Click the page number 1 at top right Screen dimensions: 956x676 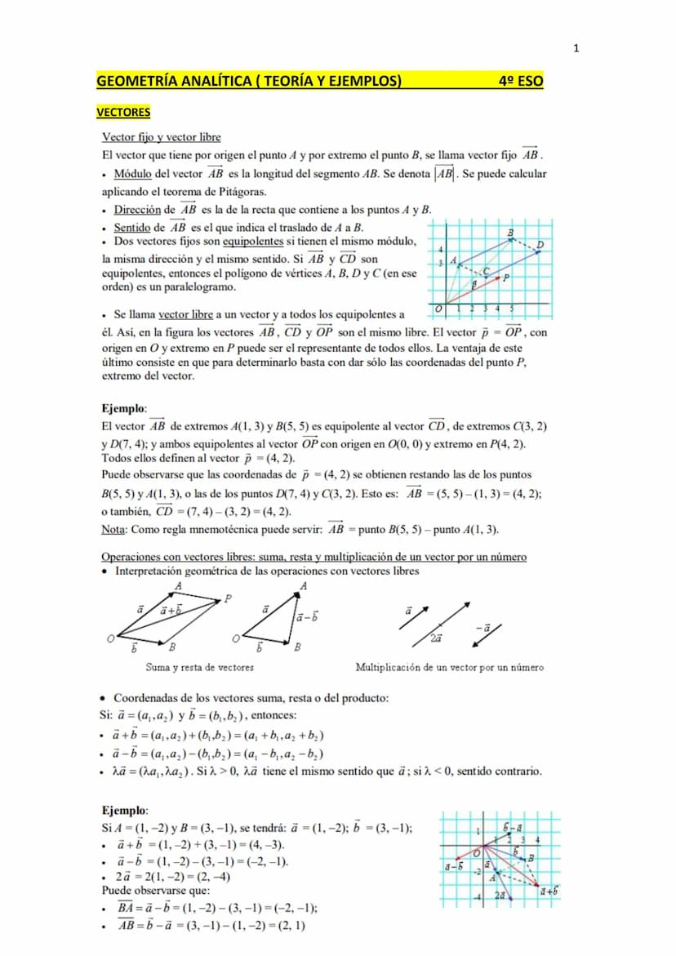[576, 49]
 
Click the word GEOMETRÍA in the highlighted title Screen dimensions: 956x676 [132, 81]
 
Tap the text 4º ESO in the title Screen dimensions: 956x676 [520, 81]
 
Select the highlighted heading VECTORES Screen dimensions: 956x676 [123, 112]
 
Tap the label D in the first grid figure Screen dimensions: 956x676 [540, 244]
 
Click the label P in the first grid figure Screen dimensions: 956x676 [507, 278]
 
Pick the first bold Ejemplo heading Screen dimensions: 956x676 [124, 407]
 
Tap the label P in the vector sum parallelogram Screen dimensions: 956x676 [229, 598]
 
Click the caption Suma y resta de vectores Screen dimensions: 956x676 [199, 667]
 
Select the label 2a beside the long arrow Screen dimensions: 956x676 [437, 638]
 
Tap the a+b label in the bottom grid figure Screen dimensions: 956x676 [549, 891]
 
